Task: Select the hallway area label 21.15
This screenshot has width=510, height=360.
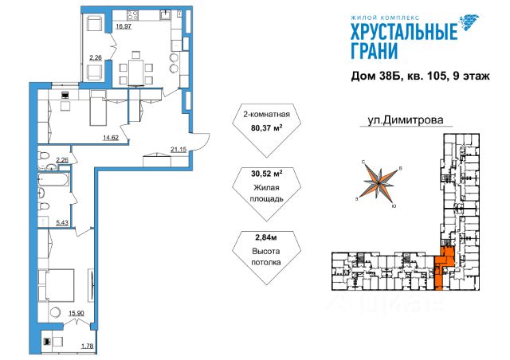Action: [x=178, y=147]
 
